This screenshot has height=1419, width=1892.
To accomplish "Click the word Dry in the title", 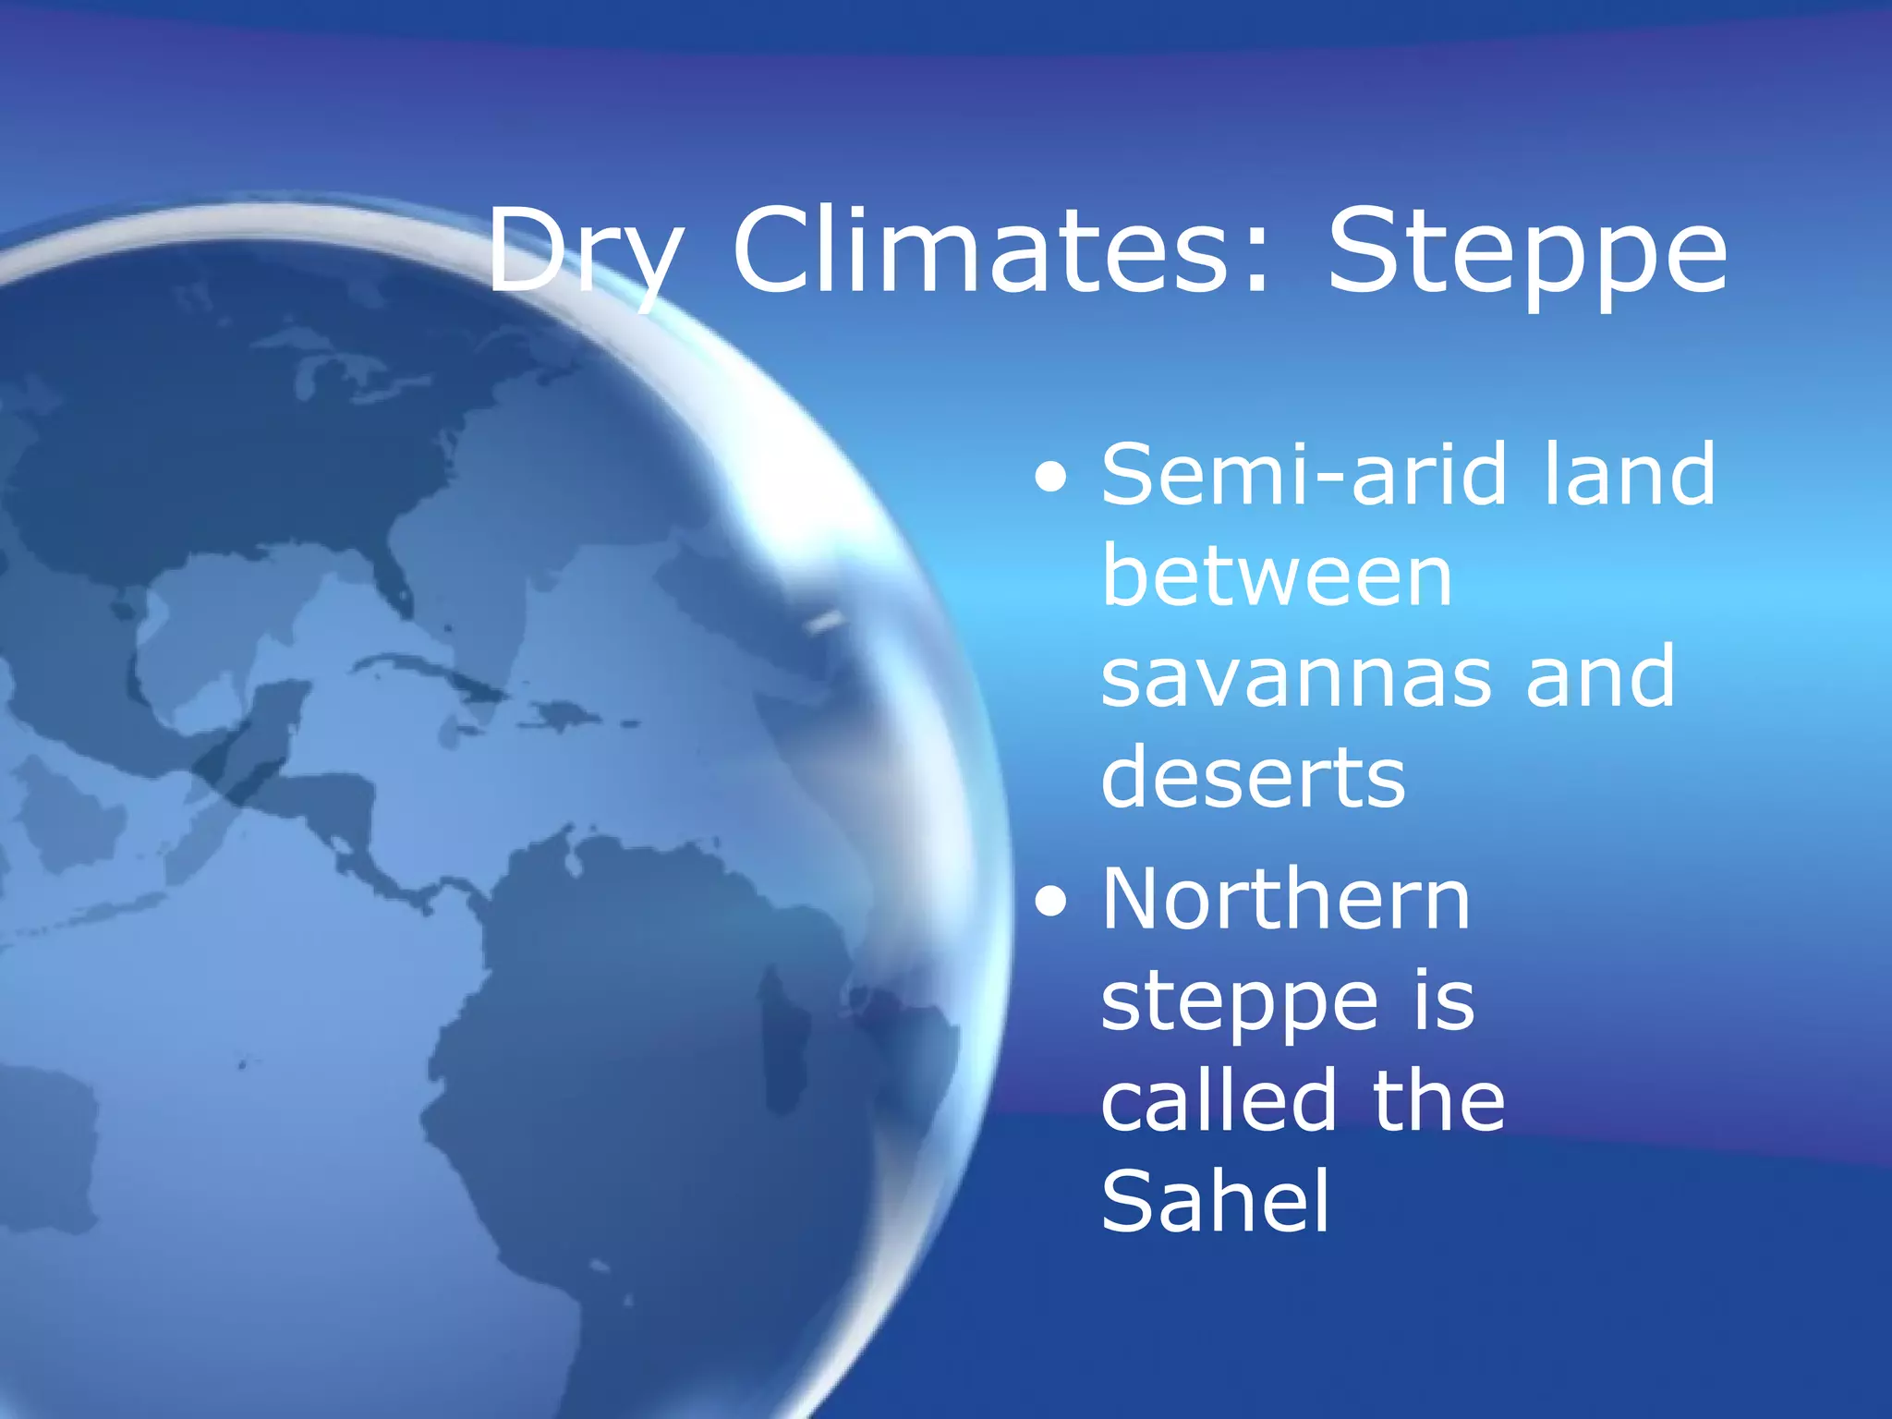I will click(x=584, y=252).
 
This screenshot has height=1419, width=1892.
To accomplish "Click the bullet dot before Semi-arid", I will click(x=1051, y=479).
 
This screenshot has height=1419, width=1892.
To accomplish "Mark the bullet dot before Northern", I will click(x=1051, y=904).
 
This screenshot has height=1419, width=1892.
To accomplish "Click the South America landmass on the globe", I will click(x=647, y=1062).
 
